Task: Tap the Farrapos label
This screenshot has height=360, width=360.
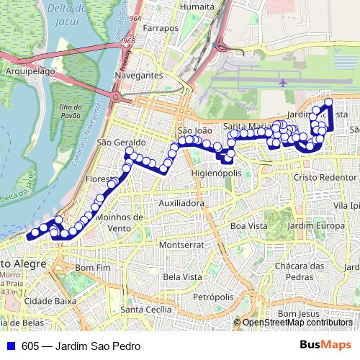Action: coord(161,29)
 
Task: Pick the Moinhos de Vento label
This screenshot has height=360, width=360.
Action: coord(120,222)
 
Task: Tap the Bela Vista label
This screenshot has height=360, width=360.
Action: coord(182,276)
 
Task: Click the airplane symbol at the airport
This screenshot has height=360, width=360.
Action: coord(282,82)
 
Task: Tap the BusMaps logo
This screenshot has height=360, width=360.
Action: coord(326,345)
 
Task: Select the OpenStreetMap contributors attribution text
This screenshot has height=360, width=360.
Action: coord(297,323)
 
